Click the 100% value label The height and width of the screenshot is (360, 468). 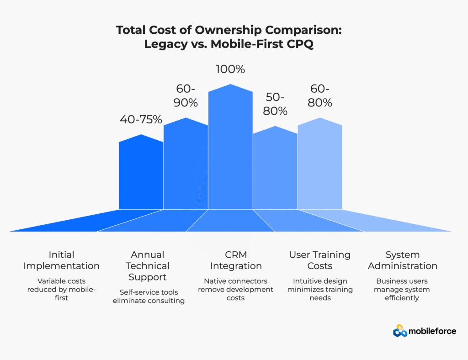(230, 70)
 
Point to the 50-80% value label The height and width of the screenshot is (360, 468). (275, 104)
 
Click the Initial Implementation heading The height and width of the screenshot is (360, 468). (62, 260)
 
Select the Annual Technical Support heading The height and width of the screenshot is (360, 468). (148, 265)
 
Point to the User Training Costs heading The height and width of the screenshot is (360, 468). (320, 260)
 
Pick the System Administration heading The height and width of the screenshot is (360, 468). (403, 260)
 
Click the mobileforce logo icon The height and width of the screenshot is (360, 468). (400, 331)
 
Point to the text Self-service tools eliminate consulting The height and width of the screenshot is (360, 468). (149, 296)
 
